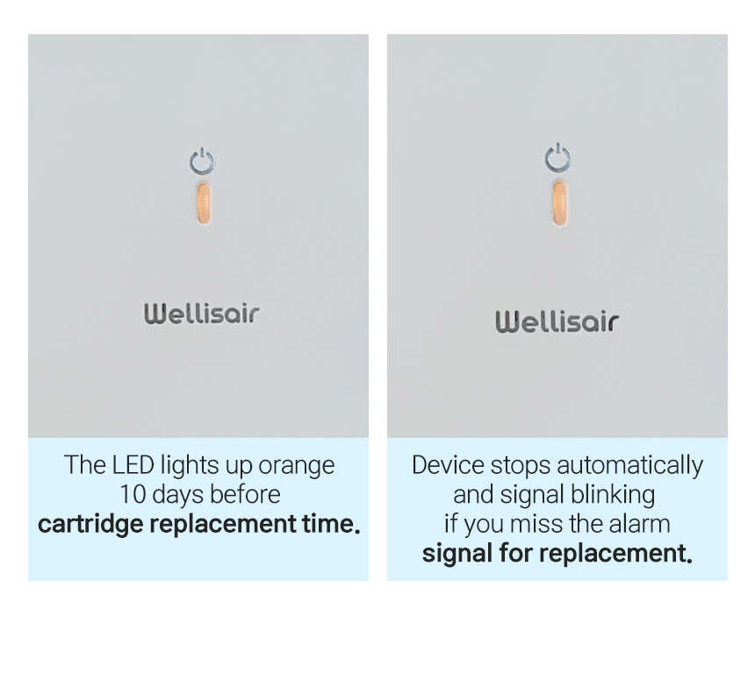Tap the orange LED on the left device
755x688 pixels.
204,204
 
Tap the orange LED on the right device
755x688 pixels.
559,204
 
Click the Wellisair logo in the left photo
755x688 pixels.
201,313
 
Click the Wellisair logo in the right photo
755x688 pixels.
557,321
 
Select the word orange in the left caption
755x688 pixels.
296,466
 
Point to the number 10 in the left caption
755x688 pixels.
133,494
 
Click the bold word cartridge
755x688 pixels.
90,524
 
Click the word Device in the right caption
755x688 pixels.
448,465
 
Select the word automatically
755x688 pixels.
629,466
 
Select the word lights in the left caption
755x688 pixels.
190,466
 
